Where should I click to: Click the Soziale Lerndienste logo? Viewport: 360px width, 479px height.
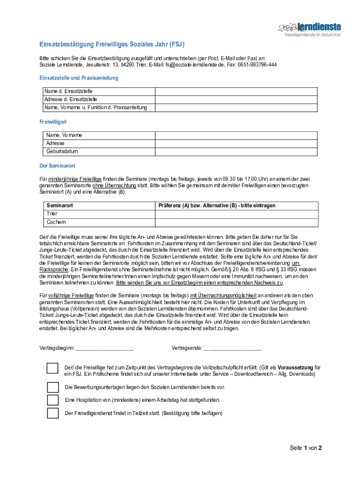click(309, 29)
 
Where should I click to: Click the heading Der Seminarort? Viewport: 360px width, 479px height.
click(58, 166)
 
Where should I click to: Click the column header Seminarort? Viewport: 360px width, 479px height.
click(60, 205)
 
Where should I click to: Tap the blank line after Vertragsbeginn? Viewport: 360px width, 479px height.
click(105, 348)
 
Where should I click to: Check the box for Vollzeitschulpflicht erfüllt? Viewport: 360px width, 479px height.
click(53, 368)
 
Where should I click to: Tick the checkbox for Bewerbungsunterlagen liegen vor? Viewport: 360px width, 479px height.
click(53, 387)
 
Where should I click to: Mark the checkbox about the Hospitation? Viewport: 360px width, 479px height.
click(53, 400)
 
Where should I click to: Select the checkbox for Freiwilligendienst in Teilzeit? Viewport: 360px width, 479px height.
click(53, 413)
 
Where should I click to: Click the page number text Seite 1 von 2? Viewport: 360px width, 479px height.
click(306, 448)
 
